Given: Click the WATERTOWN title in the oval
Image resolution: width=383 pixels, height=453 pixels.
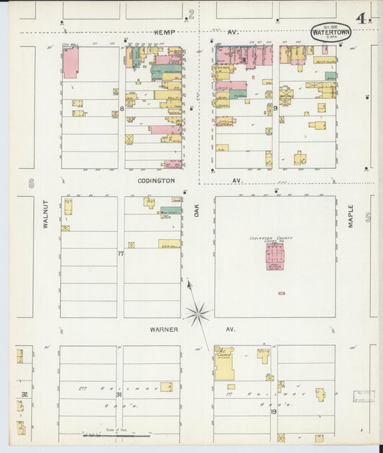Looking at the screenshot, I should (331, 32).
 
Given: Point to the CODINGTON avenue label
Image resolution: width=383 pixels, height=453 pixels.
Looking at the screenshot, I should (156, 181).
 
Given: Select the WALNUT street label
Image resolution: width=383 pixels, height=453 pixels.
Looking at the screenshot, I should (44, 214).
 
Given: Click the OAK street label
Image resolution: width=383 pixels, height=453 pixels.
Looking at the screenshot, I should (195, 210).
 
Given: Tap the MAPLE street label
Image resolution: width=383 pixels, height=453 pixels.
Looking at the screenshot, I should (351, 215).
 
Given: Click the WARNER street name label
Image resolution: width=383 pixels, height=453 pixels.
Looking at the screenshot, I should (165, 329).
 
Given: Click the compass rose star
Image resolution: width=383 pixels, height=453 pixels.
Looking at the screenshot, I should (197, 313).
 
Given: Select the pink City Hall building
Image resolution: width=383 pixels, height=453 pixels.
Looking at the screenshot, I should (70, 63).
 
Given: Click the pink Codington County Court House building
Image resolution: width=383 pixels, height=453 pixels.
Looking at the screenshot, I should (274, 256).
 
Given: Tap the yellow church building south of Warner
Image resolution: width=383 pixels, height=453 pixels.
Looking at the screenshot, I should (223, 365).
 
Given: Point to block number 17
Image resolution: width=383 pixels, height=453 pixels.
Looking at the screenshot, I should (121, 253).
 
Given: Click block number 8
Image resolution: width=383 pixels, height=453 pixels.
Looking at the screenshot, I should (122, 108).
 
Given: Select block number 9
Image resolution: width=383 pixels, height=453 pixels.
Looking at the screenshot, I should (274, 108).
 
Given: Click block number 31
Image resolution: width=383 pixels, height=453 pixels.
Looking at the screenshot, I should (119, 394).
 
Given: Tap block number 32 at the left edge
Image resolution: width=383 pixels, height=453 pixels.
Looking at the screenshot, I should (24, 394).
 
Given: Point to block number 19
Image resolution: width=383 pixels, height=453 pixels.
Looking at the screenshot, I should (273, 411).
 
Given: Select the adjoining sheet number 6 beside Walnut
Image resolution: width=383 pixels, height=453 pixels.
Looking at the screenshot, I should (31, 184).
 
